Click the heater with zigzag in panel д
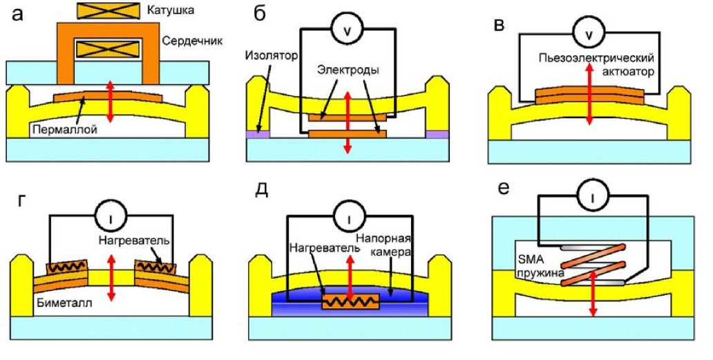[351, 302]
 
